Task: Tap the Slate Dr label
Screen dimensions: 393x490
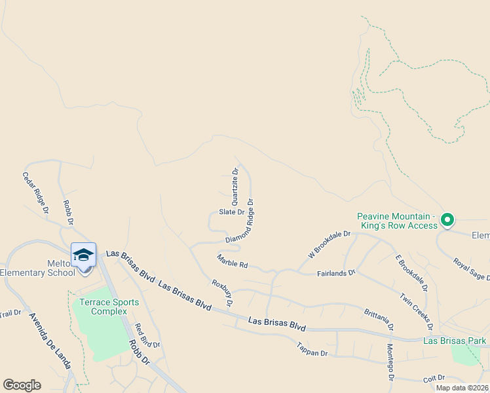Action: pyautogui.click(x=231, y=212)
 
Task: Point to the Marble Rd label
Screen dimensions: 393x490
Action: pyautogui.click(x=233, y=261)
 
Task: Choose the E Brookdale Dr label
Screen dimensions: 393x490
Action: pyautogui.click(x=411, y=272)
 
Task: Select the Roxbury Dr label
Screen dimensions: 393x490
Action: pyautogui.click(x=222, y=293)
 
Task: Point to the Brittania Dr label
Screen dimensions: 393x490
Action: pyautogui.click(x=379, y=318)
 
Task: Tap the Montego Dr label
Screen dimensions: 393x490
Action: pyautogui.click(x=390, y=362)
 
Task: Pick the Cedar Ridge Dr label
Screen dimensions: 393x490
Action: pyautogui.click(x=35, y=193)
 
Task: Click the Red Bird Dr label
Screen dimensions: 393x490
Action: pyautogui.click(x=147, y=335)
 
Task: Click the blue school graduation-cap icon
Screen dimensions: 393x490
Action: pyautogui.click(x=83, y=255)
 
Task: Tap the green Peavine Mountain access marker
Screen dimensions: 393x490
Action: pyautogui.click(x=447, y=219)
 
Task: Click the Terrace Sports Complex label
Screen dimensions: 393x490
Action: pyautogui.click(x=109, y=307)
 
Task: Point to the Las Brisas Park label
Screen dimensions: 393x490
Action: pyautogui.click(x=455, y=341)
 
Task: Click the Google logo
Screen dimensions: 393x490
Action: pyautogui.click(x=22, y=385)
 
